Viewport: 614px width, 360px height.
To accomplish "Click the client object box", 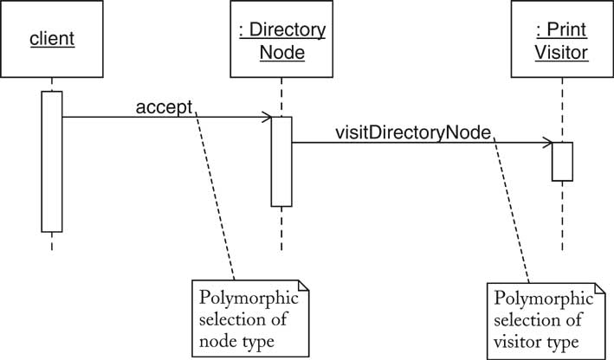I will pos(51,40).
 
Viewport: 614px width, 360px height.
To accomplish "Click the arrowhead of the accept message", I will pos(268,117).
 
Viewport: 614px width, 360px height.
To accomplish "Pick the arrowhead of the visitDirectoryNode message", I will pos(548,142).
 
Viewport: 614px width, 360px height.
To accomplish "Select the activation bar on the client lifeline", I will pos(51,161).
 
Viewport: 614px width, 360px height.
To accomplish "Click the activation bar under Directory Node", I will pos(281,162).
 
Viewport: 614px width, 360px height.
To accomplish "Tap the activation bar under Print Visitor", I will pos(562,161).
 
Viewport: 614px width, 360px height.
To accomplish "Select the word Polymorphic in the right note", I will pos(540,299).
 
